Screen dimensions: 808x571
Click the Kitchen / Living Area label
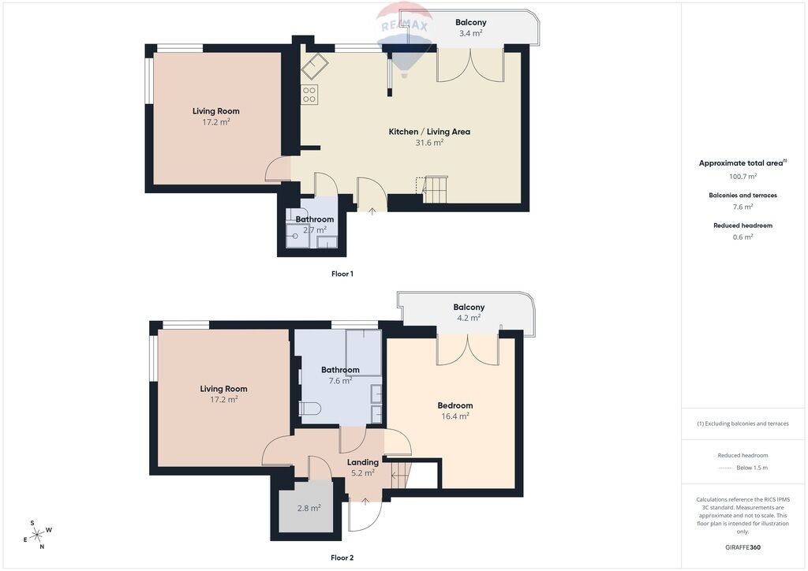click(x=429, y=132)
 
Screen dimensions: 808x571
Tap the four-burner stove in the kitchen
click(x=309, y=94)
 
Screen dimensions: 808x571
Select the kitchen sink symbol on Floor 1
click(x=315, y=66)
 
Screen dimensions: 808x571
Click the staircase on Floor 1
click(x=435, y=189)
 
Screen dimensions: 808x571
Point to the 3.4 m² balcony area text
click(x=470, y=33)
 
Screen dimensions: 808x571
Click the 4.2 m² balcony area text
click(x=469, y=318)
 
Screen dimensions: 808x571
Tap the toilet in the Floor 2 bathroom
click(x=309, y=409)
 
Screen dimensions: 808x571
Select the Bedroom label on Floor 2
click(x=455, y=405)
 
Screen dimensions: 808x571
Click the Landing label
click(x=363, y=462)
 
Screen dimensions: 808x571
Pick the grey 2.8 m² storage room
click(x=309, y=506)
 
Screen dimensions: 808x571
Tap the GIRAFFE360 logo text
click(x=743, y=547)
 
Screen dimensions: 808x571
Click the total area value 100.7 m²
click(x=743, y=176)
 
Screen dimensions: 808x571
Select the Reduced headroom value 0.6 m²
click(x=743, y=237)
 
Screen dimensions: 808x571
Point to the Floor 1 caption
click(x=342, y=274)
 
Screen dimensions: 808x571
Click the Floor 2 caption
click(x=342, y=558)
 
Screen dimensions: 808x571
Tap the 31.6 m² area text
click(x=429, y=143)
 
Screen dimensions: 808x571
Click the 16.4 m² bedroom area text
click(x=455, y=416)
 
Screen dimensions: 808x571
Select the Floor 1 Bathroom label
click(x=314, y=219)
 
